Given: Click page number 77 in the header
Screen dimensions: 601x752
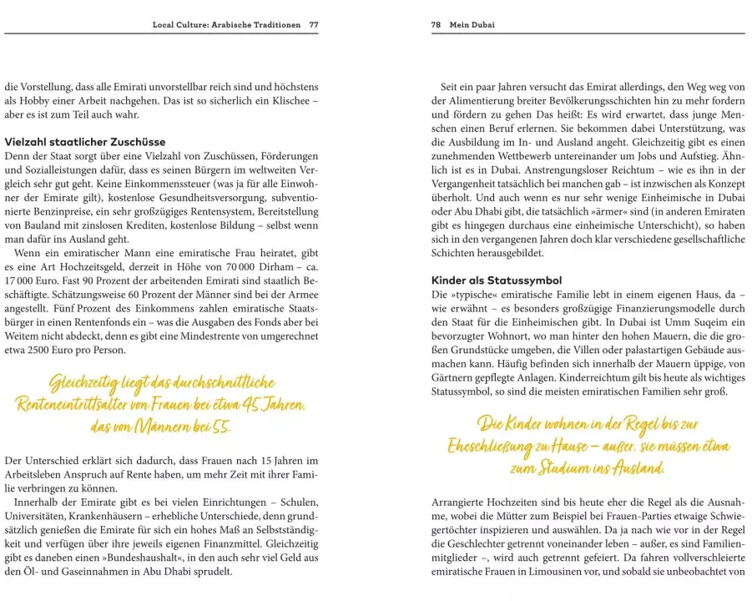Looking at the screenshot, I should [x=313, y=25].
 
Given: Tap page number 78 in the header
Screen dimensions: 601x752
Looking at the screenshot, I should [x=436, y=25].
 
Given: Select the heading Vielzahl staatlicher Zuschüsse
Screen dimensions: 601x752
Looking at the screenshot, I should [x=84, y=142].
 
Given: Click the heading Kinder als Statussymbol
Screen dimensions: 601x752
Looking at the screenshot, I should [x=497, y=280].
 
